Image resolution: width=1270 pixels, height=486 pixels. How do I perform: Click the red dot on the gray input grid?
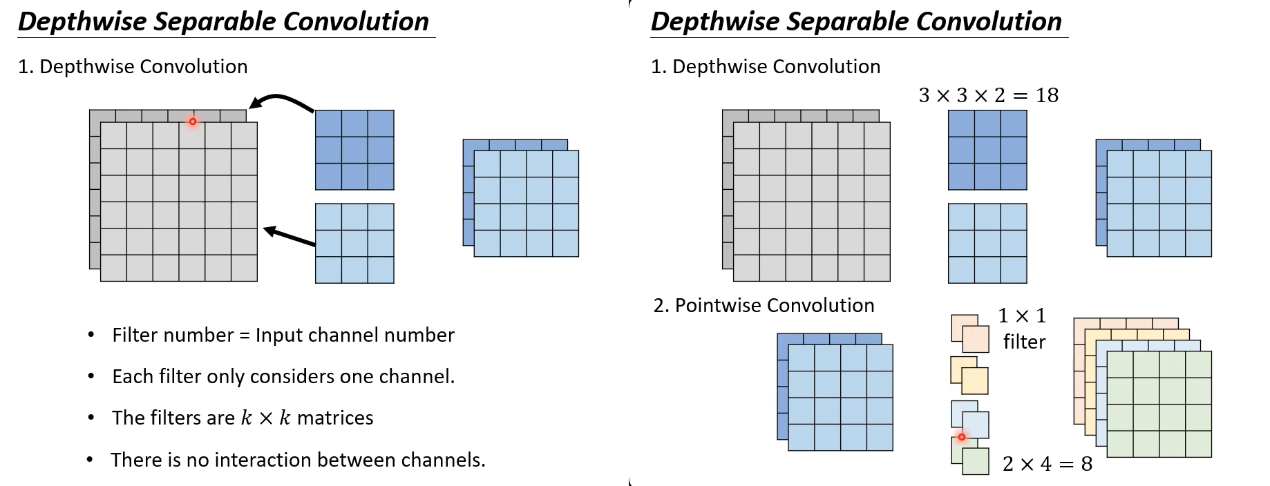[x=193, y=121]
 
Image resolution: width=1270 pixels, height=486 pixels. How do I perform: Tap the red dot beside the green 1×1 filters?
[x=961, y=437]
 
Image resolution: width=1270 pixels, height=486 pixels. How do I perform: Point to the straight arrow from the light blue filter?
[x=290, y=236]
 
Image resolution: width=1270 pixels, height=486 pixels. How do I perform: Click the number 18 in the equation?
[x=1047, y=95]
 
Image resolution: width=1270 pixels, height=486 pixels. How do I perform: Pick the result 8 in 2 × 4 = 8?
[x=1087, y=464]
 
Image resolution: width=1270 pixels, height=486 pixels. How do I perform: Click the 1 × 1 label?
[x=1022, y=316]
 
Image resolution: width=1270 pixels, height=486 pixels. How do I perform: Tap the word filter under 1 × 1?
[x=1024, y=342]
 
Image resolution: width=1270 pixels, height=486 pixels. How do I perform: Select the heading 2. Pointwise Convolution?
[x=764, y=305]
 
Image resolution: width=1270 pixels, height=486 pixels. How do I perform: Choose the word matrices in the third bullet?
[x=335, y=418]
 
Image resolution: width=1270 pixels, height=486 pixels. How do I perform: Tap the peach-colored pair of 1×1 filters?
[x=969, y=333]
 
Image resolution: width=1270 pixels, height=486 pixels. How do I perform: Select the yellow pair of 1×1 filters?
[x=969, y=376]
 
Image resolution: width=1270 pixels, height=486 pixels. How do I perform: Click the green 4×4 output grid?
[x=1159, y=404]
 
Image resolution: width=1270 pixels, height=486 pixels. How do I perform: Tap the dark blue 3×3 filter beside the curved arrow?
[x=354, y=150]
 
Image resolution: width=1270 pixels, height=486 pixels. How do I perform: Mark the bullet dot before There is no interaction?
[x=90, y=460]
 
